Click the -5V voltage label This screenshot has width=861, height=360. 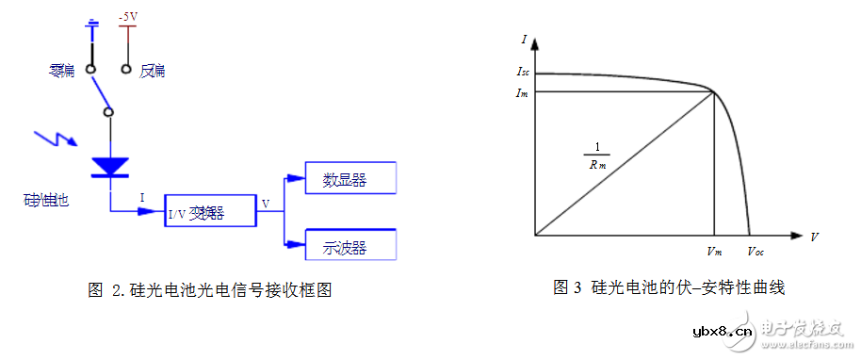click(127, 17)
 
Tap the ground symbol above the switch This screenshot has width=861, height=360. click(91, 25)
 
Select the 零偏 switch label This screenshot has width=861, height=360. click(62, 70)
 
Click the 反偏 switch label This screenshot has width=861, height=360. click(154, 70)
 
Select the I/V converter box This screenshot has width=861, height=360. click(210, 212)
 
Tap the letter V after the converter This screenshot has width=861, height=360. click(266, 202)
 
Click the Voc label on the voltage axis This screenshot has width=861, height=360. click(755, 251)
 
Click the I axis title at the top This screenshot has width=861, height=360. click(523, 40)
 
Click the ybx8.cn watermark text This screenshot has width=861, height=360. click(722, 331)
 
